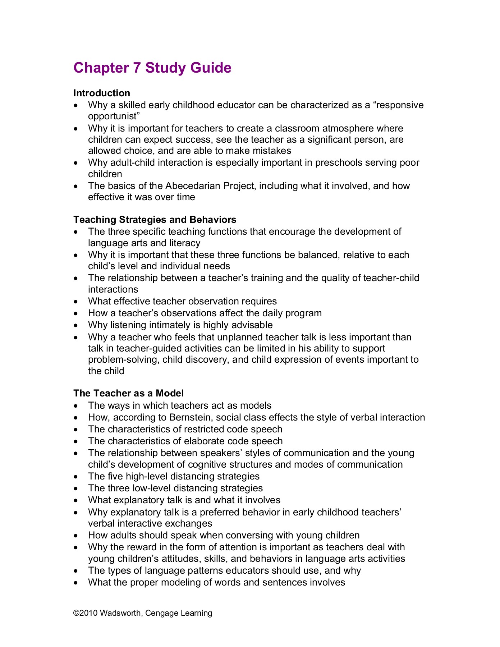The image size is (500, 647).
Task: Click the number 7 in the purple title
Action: pos(137,68)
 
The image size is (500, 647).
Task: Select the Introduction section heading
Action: pos(102,93)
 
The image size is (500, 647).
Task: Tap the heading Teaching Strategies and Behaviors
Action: pos(155,220)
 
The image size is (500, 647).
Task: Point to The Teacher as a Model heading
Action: pos(128,393)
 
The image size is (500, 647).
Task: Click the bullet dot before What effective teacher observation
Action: pos(75,302)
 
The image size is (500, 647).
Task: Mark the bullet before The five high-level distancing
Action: pos(75,477)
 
